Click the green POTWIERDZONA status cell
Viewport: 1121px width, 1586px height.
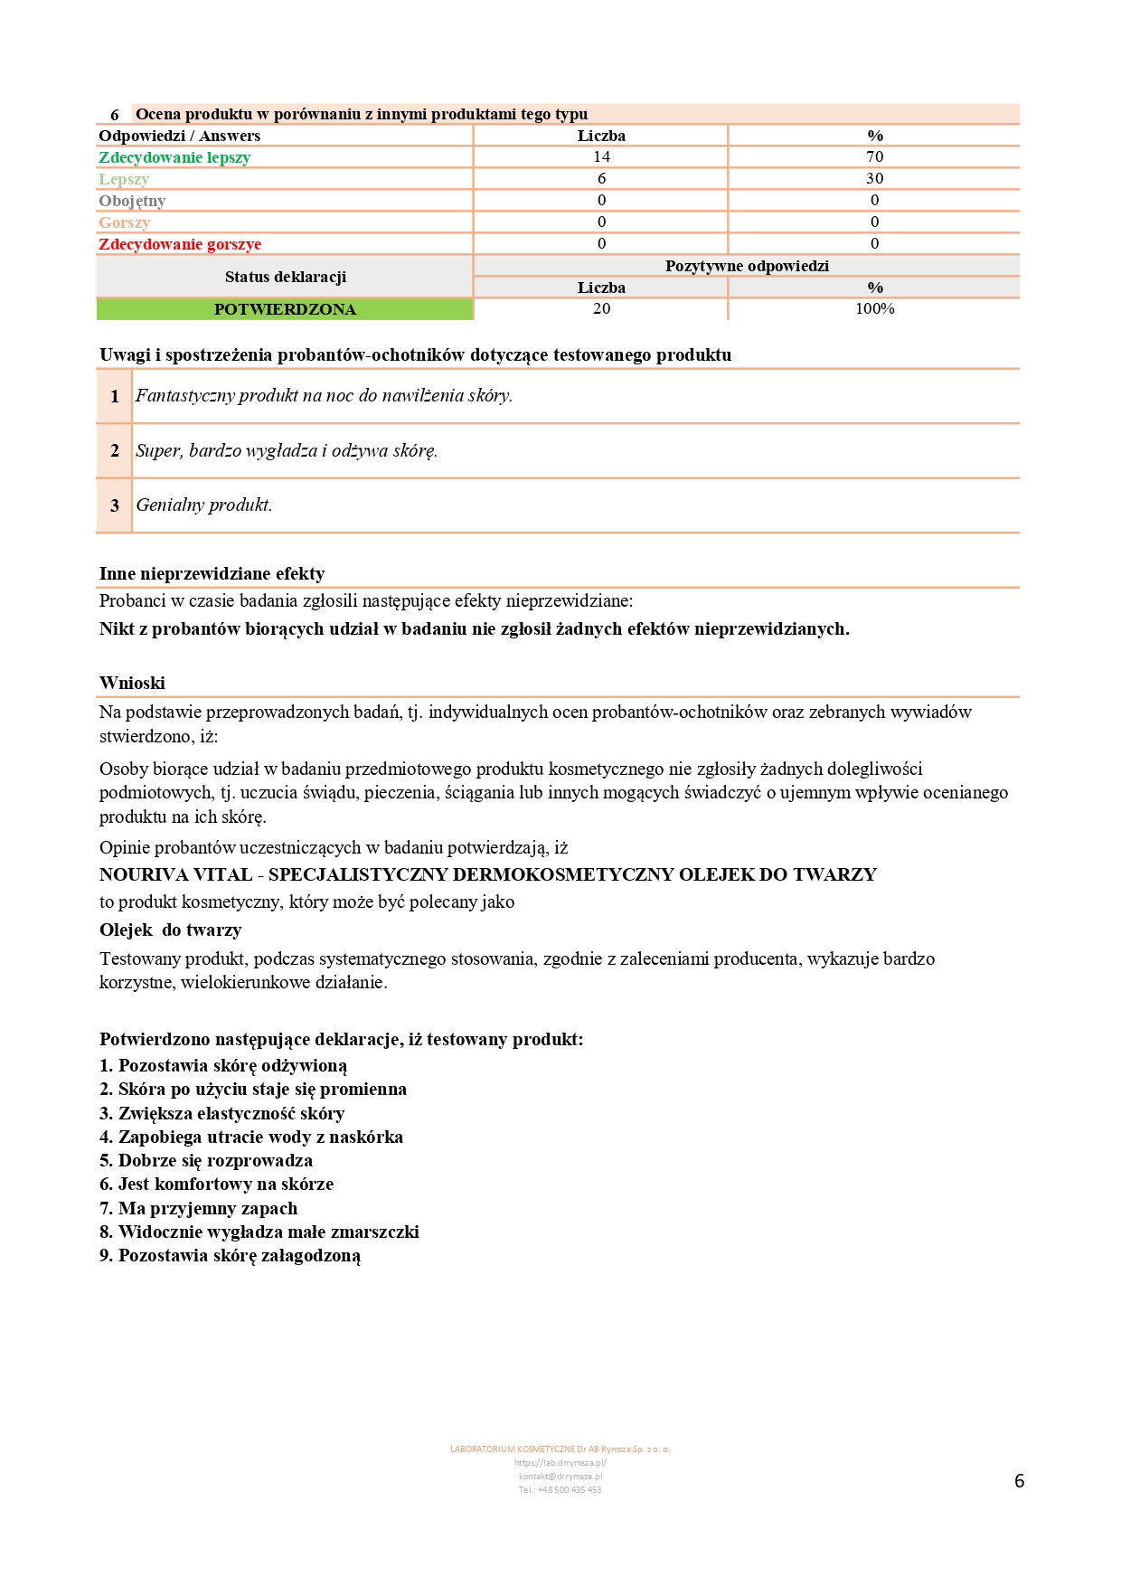pos(285,309)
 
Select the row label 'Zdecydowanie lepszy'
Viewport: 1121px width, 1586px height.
pos(174,157)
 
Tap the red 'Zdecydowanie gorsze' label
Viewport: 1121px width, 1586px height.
pos(180,244)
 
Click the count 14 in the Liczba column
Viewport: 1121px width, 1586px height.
pos(601,156)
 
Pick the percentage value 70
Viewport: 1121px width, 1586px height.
pos(874,156)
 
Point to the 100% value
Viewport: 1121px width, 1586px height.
pos(874,308)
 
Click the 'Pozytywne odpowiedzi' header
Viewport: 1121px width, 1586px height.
pos(747,266)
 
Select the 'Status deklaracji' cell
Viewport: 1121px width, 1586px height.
pos(285,277)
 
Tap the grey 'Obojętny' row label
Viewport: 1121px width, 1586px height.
pos(132,201)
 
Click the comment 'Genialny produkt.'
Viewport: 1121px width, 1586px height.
pos(204,505)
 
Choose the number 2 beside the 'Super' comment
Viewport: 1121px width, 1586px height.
pos(115,450)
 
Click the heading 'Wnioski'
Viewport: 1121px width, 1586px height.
pos(132,683)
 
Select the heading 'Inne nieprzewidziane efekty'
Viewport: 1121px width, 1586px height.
pos(212,573)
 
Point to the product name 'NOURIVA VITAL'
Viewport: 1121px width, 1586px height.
pos(176,874)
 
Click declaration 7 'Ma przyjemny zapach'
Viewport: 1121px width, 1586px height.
pos(199,1208)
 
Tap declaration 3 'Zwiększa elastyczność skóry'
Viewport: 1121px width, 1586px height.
pos(222,1113)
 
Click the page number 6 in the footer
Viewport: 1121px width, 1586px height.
pos(1019,1480)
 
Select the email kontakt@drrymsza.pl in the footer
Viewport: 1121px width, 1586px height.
pos(560,1476)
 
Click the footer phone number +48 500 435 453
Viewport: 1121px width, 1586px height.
pos(560,1489)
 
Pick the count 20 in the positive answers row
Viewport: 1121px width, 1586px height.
pos(601,308)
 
